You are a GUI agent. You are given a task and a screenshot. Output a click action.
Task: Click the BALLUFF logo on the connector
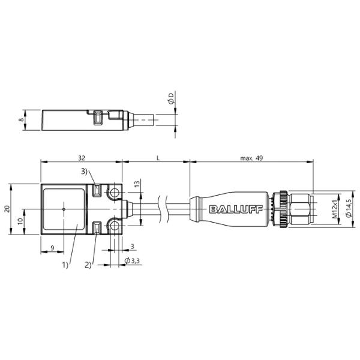pos(236,209)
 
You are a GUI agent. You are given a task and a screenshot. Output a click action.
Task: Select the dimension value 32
pos(82,158)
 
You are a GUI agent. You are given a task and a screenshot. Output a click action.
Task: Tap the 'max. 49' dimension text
pos(251,158)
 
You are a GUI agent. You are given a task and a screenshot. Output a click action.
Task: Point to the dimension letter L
pos(158,158)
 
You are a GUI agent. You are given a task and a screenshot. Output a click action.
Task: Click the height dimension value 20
pos(8,209)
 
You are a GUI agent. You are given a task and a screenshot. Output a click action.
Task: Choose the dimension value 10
pos(20,221)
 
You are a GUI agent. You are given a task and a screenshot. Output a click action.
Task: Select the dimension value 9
pos(52,248)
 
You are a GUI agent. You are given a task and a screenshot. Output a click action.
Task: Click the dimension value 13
pos(137,184)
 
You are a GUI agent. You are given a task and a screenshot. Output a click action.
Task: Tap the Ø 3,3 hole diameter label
pos(132,260)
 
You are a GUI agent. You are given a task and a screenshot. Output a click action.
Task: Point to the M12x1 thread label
pos(335,209)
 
